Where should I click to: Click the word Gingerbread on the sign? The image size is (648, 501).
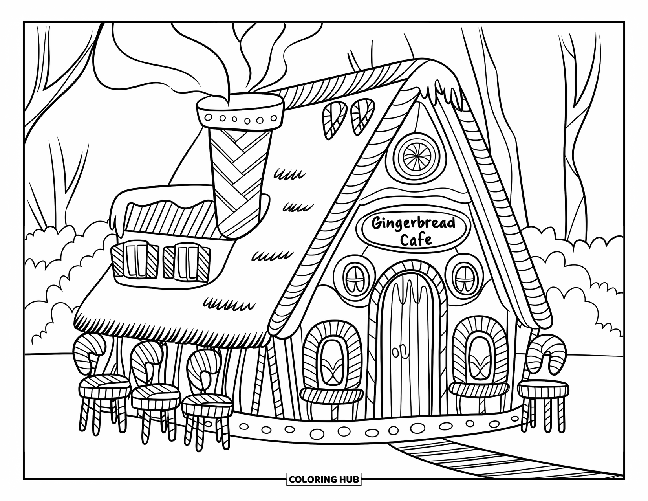(413, 224)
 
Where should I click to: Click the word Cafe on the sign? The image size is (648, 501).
(416, 239)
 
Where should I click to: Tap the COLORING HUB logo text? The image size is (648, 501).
(324, 479)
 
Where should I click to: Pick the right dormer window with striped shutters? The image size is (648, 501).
(186, 263)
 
